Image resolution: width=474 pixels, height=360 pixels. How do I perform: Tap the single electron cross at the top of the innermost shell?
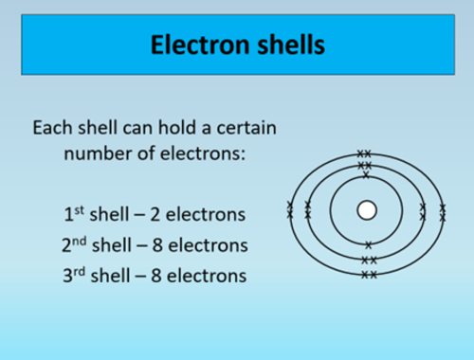(366, 175)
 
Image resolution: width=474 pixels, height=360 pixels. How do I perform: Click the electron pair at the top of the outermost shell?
(365, 153)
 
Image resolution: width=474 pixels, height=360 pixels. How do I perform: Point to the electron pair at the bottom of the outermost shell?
(369, 275)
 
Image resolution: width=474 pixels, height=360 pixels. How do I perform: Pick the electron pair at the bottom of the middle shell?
(369, 260)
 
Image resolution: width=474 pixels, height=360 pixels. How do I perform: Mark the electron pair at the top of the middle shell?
(366, 163)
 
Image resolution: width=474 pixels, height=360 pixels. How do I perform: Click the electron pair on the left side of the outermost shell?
(290, 209)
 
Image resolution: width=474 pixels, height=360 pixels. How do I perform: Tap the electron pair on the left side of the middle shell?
(307, 209)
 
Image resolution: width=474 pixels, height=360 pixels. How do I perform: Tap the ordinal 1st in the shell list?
(70, 213)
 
